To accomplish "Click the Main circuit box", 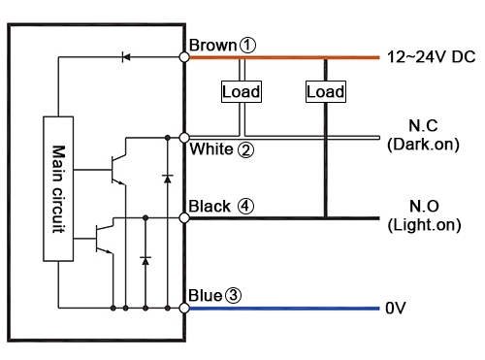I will tap(57, 189).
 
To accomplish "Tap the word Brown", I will tap(212, 45).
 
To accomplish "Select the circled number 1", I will tap(248, 45).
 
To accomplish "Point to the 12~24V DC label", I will tap(431, 57).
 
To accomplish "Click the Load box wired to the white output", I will tap(242, 91).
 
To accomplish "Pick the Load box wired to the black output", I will tap(325, 91).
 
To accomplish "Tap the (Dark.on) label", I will tap(422, 145).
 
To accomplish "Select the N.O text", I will tap(422, 208).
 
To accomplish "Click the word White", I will tap(210, 149).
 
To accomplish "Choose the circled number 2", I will tap(245, 149).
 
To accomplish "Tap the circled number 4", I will tap(246, 206).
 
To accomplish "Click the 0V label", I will tap(395, 309).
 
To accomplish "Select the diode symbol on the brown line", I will tap(125, 57).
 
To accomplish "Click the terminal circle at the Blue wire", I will tap(184, 309).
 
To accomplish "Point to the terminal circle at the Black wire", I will tap(184, 218).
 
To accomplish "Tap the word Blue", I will tap(207, 295).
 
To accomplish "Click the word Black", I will tap(210, 206).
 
